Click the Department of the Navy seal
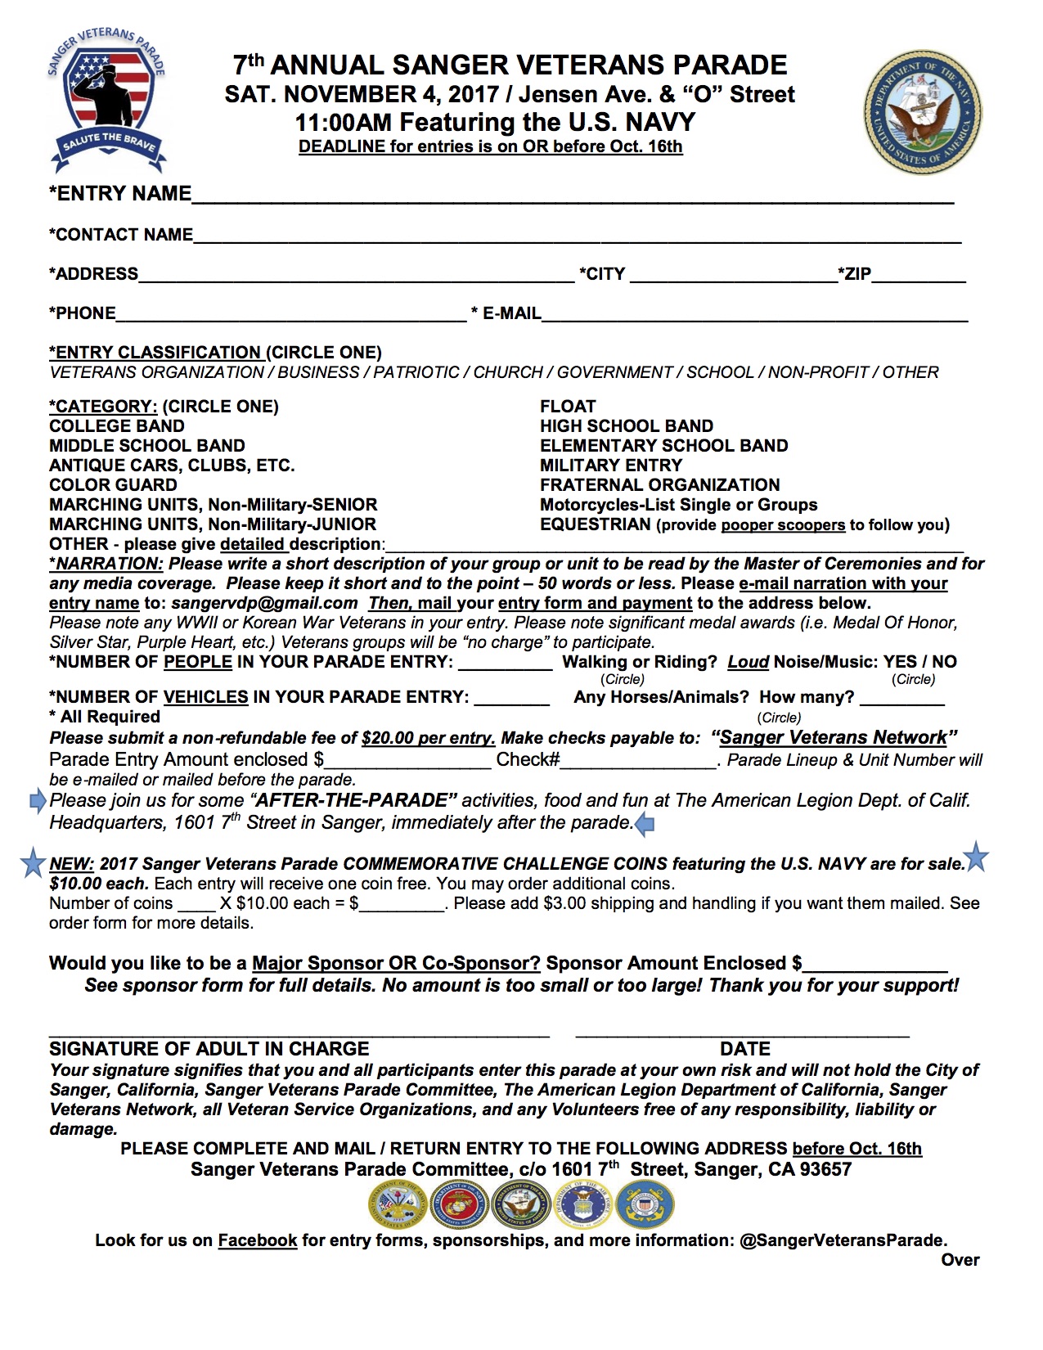[x=923, y=114]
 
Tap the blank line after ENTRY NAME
[x=573, y=196]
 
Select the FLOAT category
[x=568, y=407]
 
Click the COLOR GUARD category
[x=113, y=485]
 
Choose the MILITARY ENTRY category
[x=610, y=466]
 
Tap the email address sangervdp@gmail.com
[x=264, y=603]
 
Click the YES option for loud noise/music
[x=899, y=662]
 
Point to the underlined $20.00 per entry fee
[x=428, y=738]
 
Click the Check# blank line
[x=638, y=762]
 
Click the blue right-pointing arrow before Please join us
[x=38, y=801]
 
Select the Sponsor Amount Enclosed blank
[x=874, y=965]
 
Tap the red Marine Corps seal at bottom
[x=459, y=1205]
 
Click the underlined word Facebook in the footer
[x=257, y=1240]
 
